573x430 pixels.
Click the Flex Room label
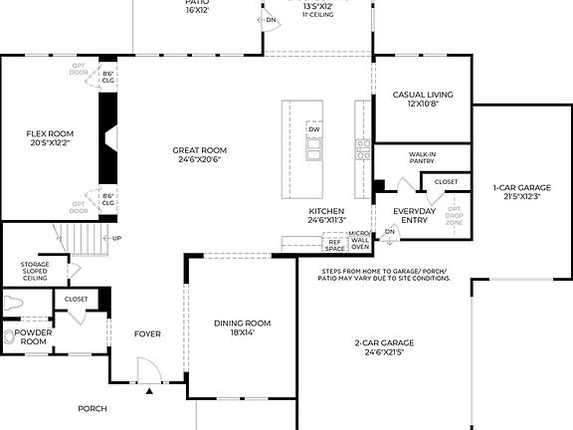point(50,132)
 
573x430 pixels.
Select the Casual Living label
point(416,96)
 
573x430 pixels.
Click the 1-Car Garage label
point(521,187)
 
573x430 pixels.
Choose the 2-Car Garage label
point(383,343)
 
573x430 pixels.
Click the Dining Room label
point(243,322)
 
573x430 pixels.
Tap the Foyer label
point(147,334)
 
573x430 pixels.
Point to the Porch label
point(93,408)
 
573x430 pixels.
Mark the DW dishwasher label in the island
point(313,130)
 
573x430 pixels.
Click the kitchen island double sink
point(314,150)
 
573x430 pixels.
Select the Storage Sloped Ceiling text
point(35,270)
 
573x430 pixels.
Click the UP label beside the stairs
point(117,238)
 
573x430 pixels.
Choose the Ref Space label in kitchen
point(334,244)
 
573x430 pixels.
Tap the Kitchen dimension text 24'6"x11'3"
point(326,221)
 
